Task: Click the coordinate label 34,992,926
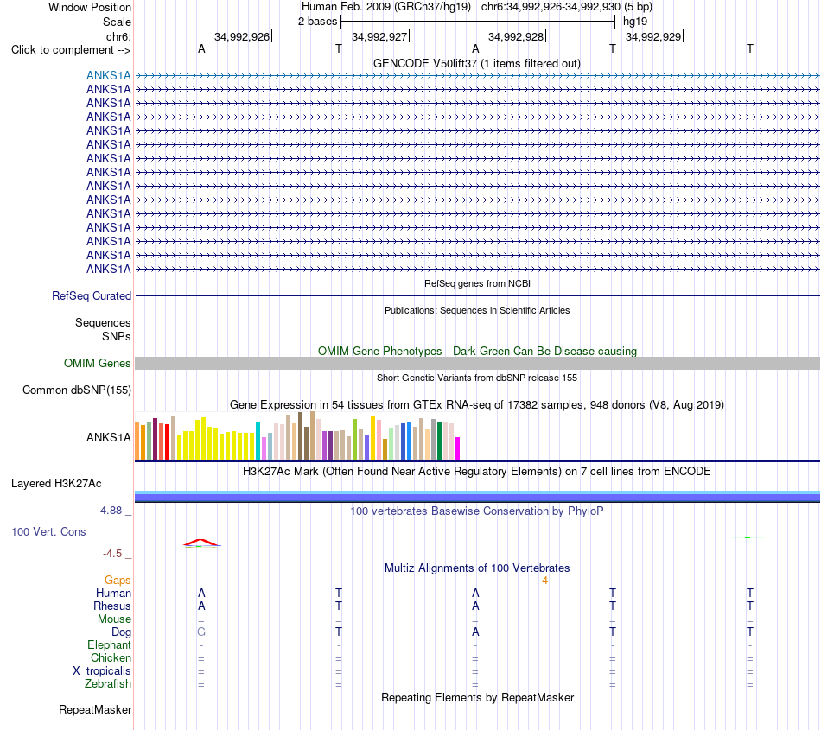(x=242, y=36)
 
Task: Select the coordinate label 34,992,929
(x=653, y=36)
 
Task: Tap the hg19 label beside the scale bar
(x=635, y=22)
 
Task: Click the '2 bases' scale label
(x=317, y=22)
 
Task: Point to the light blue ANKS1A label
(x=108, y=75)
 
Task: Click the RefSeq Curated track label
(x=92, y=295)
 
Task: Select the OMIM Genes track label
(x=98, y=363)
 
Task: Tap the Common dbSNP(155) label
(x=77, y=390)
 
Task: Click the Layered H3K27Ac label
(x=56, y=484)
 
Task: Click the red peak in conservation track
(x=201, y=543)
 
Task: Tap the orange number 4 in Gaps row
(x=544, y=581)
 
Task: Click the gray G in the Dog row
(x=201, y=632)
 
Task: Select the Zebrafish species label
(x=108, y=684)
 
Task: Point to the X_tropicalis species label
(x=102, y=671)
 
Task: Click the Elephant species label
(x=110, y=644)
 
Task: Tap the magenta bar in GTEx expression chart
(x=458, y=448)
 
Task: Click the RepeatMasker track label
(x=95, y=709)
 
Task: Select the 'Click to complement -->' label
(x=71, y=50)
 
